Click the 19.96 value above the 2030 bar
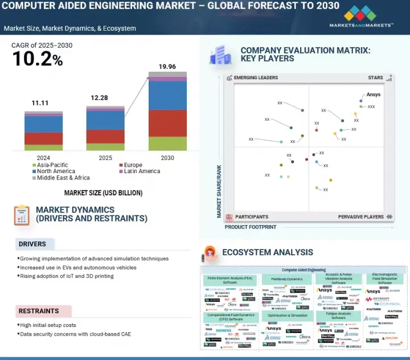click(x=167, y=67)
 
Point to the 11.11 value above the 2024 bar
click(x=40, y=103)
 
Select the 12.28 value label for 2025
click(x=99, y=98)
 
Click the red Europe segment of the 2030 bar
click(x=167, y=123)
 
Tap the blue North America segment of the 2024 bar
click(x=43, y=124)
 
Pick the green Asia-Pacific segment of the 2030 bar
click(x=167, y=144)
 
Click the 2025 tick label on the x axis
click(x=105, y=158)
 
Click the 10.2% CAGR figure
click(x=38, y=58)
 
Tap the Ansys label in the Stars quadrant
click(x=374, y=95)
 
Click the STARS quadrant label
click(x=375, y=78)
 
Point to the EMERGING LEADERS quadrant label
click(x=256, y=78)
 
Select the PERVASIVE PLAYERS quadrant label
click(x=360, y=217)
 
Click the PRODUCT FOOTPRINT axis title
click(x=251, y=227)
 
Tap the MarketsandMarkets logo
click(x=361, y=17)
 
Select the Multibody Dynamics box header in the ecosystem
click(x=286, y=279)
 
